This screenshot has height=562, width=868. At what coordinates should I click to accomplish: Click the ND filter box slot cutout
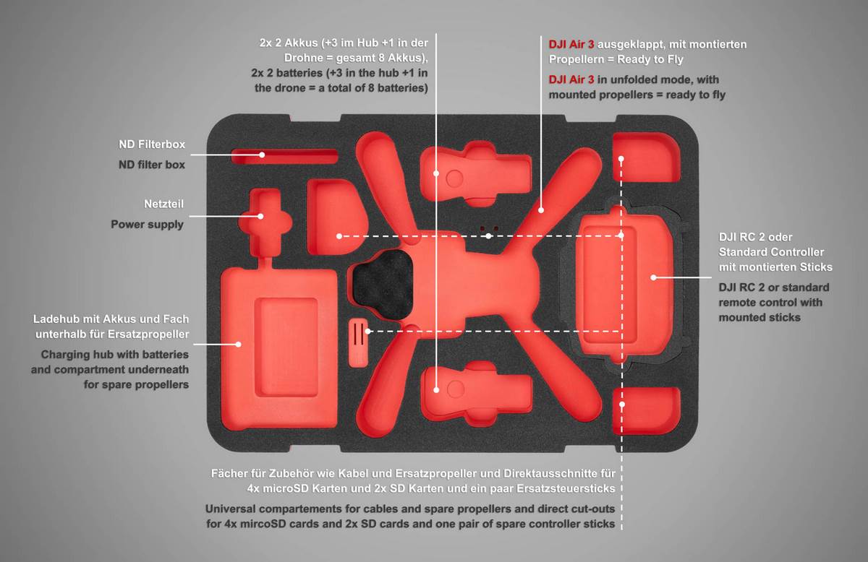284,156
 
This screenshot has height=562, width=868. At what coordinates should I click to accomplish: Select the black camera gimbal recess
383,285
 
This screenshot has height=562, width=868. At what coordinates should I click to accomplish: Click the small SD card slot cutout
359,342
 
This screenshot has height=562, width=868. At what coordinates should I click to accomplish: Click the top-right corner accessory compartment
647,157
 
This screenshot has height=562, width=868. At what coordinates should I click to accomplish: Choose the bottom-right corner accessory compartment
647,410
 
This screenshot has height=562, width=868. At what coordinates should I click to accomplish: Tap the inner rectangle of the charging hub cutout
286,347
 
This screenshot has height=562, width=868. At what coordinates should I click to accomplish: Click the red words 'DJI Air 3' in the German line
571,45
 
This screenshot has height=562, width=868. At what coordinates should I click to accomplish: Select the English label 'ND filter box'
152,165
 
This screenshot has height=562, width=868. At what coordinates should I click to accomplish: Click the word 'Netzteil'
163,204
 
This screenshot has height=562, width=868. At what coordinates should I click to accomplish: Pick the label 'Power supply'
148,225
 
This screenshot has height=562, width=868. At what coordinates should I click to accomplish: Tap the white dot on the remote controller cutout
653,277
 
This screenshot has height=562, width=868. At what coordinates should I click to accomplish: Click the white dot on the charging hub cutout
239,344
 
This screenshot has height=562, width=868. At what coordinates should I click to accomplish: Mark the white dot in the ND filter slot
262,155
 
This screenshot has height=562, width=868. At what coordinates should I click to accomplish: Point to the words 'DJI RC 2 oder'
755,237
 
